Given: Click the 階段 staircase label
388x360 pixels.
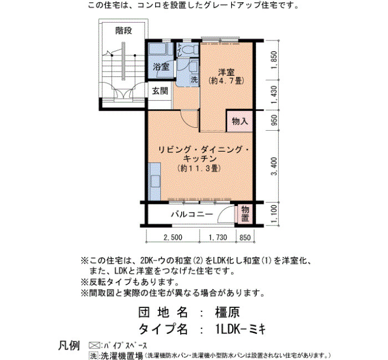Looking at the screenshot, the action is coord(124,31).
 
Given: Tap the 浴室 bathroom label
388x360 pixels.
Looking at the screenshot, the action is coord(161,67).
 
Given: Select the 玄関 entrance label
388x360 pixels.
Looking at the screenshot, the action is coord(160,91).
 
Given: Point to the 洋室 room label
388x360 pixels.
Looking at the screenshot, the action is coord(226,73).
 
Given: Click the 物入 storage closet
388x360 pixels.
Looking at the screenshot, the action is coord(240,121).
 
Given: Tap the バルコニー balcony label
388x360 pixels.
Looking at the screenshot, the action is coord(192,214).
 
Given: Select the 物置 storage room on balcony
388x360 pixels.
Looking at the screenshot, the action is coord(245,214).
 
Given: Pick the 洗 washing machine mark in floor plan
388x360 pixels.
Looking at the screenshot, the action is coord(194,80).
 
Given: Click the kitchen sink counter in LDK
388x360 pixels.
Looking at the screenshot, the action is coord(155,182).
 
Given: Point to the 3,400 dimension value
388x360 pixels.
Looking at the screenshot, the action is coord(274,166).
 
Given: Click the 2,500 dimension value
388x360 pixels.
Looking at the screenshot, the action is coord(173,238).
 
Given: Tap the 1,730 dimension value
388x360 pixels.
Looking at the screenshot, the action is coord(218,238).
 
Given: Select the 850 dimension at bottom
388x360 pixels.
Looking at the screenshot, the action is coord(245,238).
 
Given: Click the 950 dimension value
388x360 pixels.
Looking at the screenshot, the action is coord(274,120).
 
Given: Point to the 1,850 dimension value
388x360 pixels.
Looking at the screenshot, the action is coord(274,60).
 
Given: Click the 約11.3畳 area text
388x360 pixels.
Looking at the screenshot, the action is coord(200,168).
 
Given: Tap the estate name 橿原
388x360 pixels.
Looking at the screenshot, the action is coord(227,312).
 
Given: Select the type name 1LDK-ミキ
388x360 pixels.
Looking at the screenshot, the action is coord(241,329).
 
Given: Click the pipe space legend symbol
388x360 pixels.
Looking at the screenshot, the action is coord(94,346).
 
